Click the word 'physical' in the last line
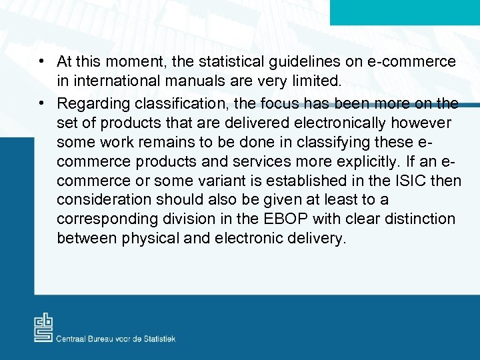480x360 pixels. [x=148, y=239]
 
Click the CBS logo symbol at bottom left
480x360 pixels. [x=43, y=327]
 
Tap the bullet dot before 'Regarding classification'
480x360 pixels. [x=41, y=103]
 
